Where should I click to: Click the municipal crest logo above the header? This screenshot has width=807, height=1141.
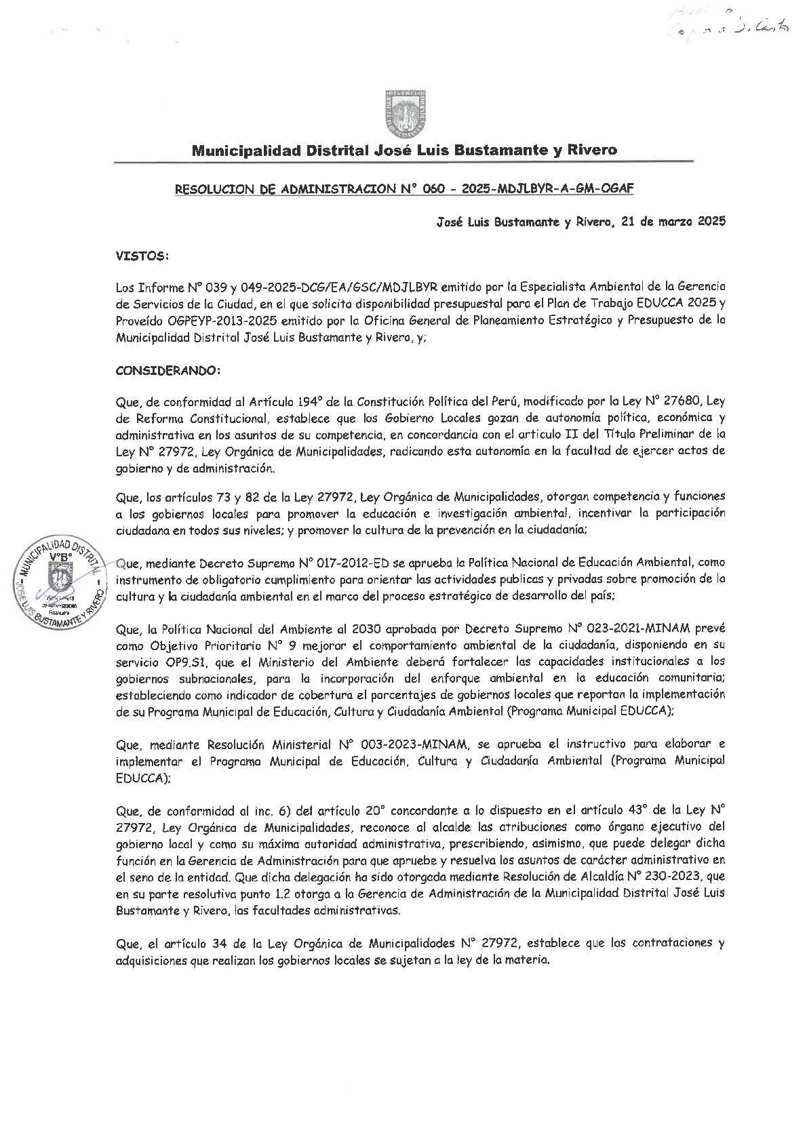pyautogui.click(x=406, y=111)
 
